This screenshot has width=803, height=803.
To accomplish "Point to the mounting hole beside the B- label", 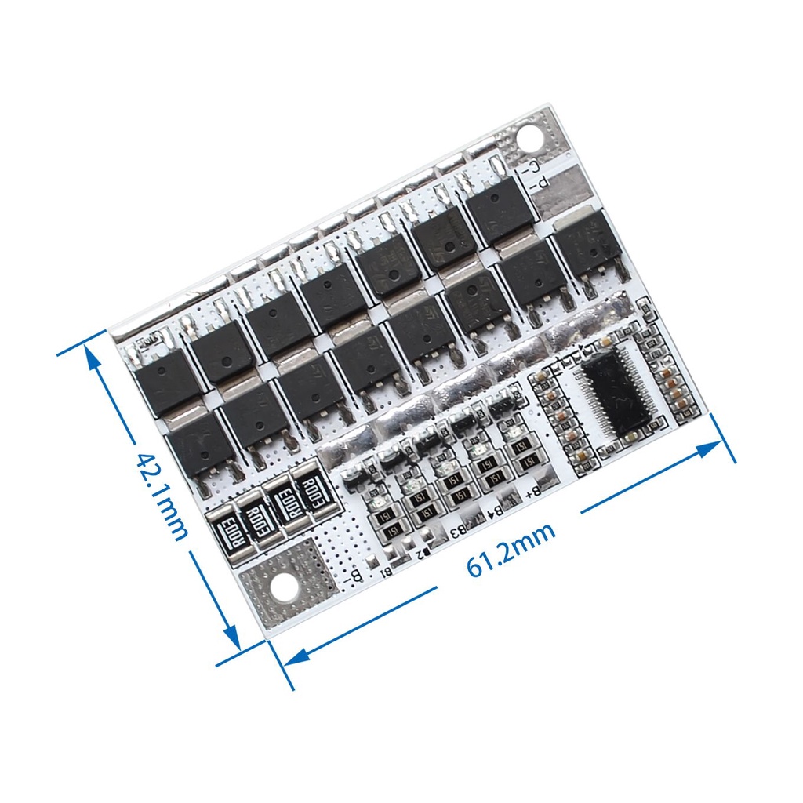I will [x=281, y=586].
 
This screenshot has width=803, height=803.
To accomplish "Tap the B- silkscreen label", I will [x=353, y=577].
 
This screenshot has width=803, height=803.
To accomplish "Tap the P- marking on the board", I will [x=539, y=186].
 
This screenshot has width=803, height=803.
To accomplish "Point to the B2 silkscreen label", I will [x=422, y=554].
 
